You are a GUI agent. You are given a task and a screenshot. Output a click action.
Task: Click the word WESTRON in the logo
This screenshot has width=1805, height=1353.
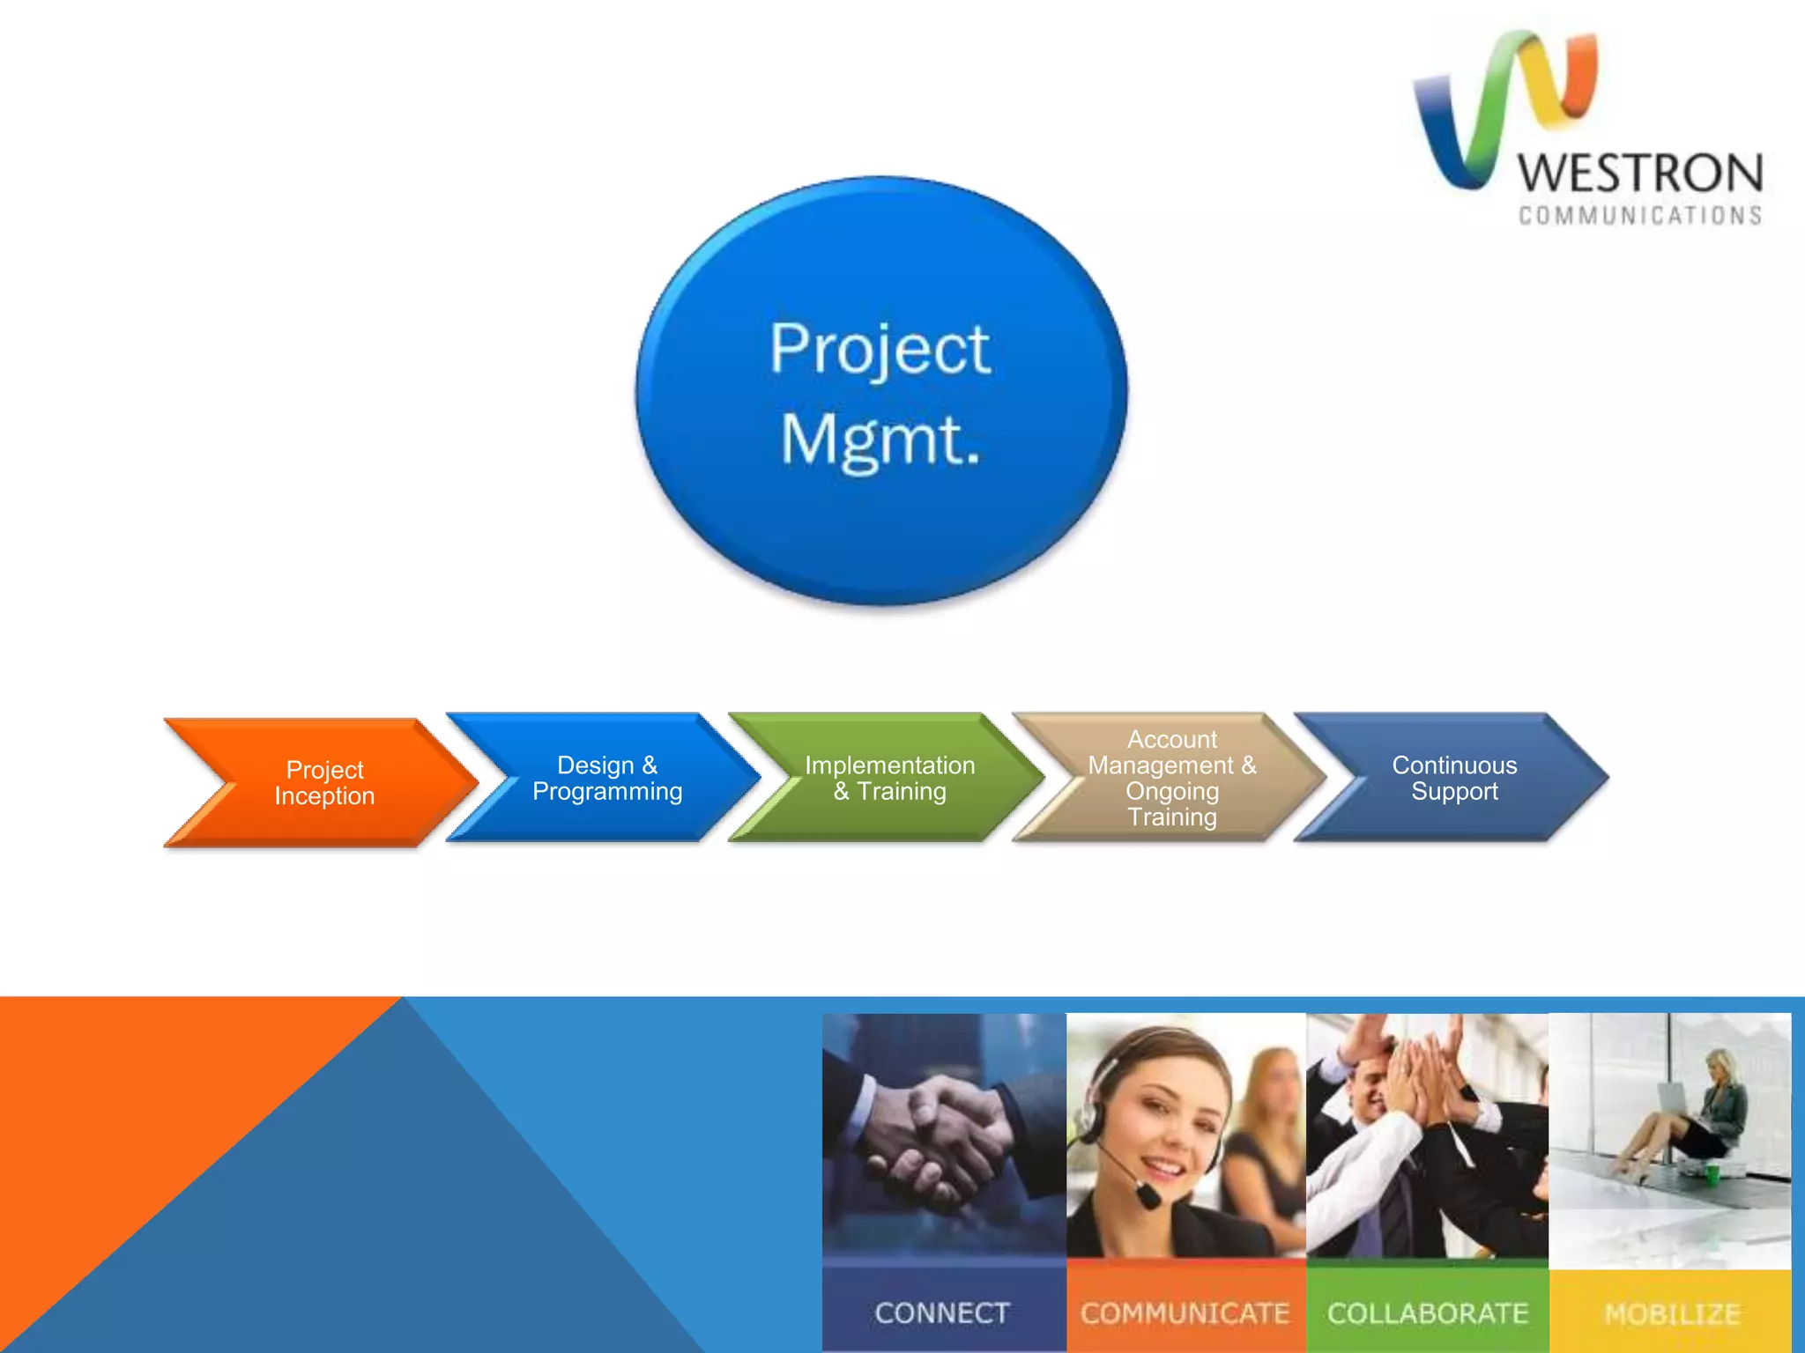[x=1639, y=174]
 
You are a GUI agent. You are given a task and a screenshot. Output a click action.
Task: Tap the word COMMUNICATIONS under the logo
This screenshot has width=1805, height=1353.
[x=1639, y=216]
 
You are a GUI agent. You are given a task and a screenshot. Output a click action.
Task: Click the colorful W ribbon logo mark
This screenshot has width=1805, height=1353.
[x=1503, y=106]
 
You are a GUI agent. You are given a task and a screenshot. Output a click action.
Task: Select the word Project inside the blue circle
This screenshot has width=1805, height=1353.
[x=880, y=349]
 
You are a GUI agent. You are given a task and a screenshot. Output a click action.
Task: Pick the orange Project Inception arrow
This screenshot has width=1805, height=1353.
[x=324, y=782]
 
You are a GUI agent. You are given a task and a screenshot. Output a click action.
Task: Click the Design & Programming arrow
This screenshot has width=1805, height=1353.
[x=607, y=778]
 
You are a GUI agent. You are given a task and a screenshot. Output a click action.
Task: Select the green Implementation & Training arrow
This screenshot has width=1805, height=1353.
[x=889, y=778]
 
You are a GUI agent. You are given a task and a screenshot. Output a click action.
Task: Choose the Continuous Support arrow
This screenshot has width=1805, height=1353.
[x=1454, y=778]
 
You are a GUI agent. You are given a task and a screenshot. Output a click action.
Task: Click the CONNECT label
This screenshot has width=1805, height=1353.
[x=942, y=1312]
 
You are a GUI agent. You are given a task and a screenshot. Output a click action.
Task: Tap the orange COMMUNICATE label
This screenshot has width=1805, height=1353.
[x=1185, y=1312]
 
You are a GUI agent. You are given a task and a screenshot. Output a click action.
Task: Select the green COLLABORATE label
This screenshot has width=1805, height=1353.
[x=1427, y=1312]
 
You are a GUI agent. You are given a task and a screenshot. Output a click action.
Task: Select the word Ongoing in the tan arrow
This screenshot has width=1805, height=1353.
[x=1171, y=791]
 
